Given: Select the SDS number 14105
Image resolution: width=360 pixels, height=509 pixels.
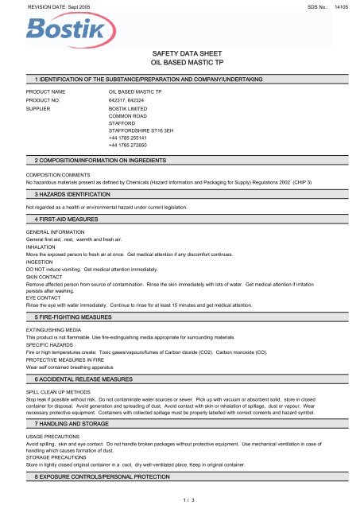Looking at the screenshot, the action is [341, 6].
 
